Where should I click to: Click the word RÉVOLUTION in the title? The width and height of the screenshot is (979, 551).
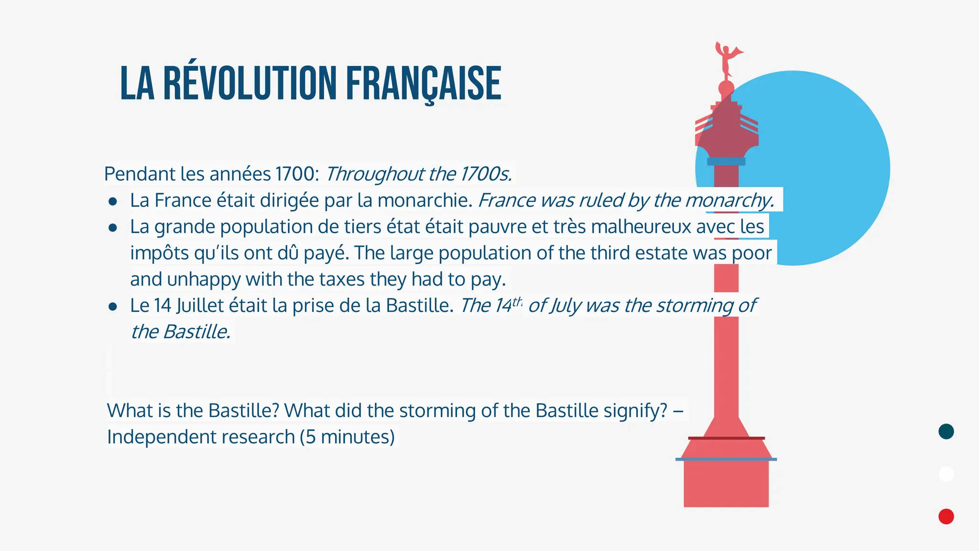coord(249,84)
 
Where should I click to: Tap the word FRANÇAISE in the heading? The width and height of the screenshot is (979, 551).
coord(424,84)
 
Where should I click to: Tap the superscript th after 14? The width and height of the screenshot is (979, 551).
coord(517,301)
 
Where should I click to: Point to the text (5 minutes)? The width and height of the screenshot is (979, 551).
coord(348,437)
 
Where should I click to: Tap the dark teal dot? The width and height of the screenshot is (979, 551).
coord(946,431)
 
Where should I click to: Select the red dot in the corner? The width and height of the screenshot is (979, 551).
coord(946,517)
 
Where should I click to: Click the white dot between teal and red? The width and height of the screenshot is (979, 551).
coord(946,474)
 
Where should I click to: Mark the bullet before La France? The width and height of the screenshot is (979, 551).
coord(113,201)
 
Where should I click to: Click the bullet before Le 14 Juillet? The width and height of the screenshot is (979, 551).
coord(113,307)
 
